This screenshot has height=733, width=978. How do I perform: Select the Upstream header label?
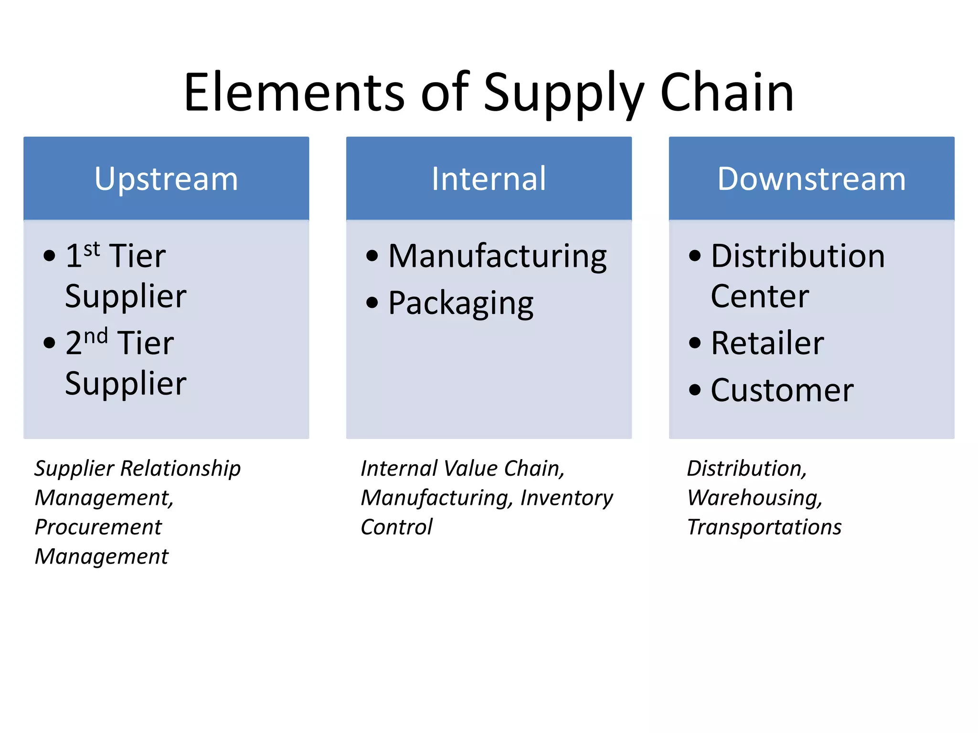pos(166,179)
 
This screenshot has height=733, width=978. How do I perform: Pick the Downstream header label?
pos(811,179)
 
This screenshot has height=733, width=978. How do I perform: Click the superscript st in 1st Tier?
pos(92,249)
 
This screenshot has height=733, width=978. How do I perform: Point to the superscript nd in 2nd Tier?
pos(96,336)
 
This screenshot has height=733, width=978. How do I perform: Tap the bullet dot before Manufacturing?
pos(372,256)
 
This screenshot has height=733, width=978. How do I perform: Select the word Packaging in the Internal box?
pos(461,304)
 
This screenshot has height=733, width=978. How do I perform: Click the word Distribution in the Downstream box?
pos(798,256)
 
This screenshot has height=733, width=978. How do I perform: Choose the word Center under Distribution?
pos(760,296)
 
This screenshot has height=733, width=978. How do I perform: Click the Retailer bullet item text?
pos(767,343)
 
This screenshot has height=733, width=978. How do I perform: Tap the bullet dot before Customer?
pos(695,390)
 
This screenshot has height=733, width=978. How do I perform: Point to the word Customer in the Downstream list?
pos(782,390)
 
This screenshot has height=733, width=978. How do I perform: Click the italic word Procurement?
pos(98,527)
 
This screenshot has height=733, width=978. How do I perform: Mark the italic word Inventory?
pos(566,498)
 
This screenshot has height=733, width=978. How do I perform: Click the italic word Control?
pos(396,527)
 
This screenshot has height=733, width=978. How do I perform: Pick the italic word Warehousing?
pos(755,498)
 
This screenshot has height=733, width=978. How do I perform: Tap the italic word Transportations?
pos(764,527)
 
